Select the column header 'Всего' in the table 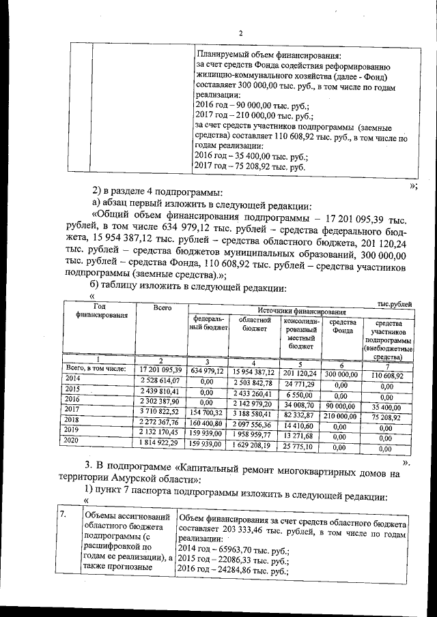[x=162, y=308]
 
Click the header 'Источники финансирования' [x=298, y=310]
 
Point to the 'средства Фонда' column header [x=341, y=327]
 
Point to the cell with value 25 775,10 [x=298, y=445]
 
